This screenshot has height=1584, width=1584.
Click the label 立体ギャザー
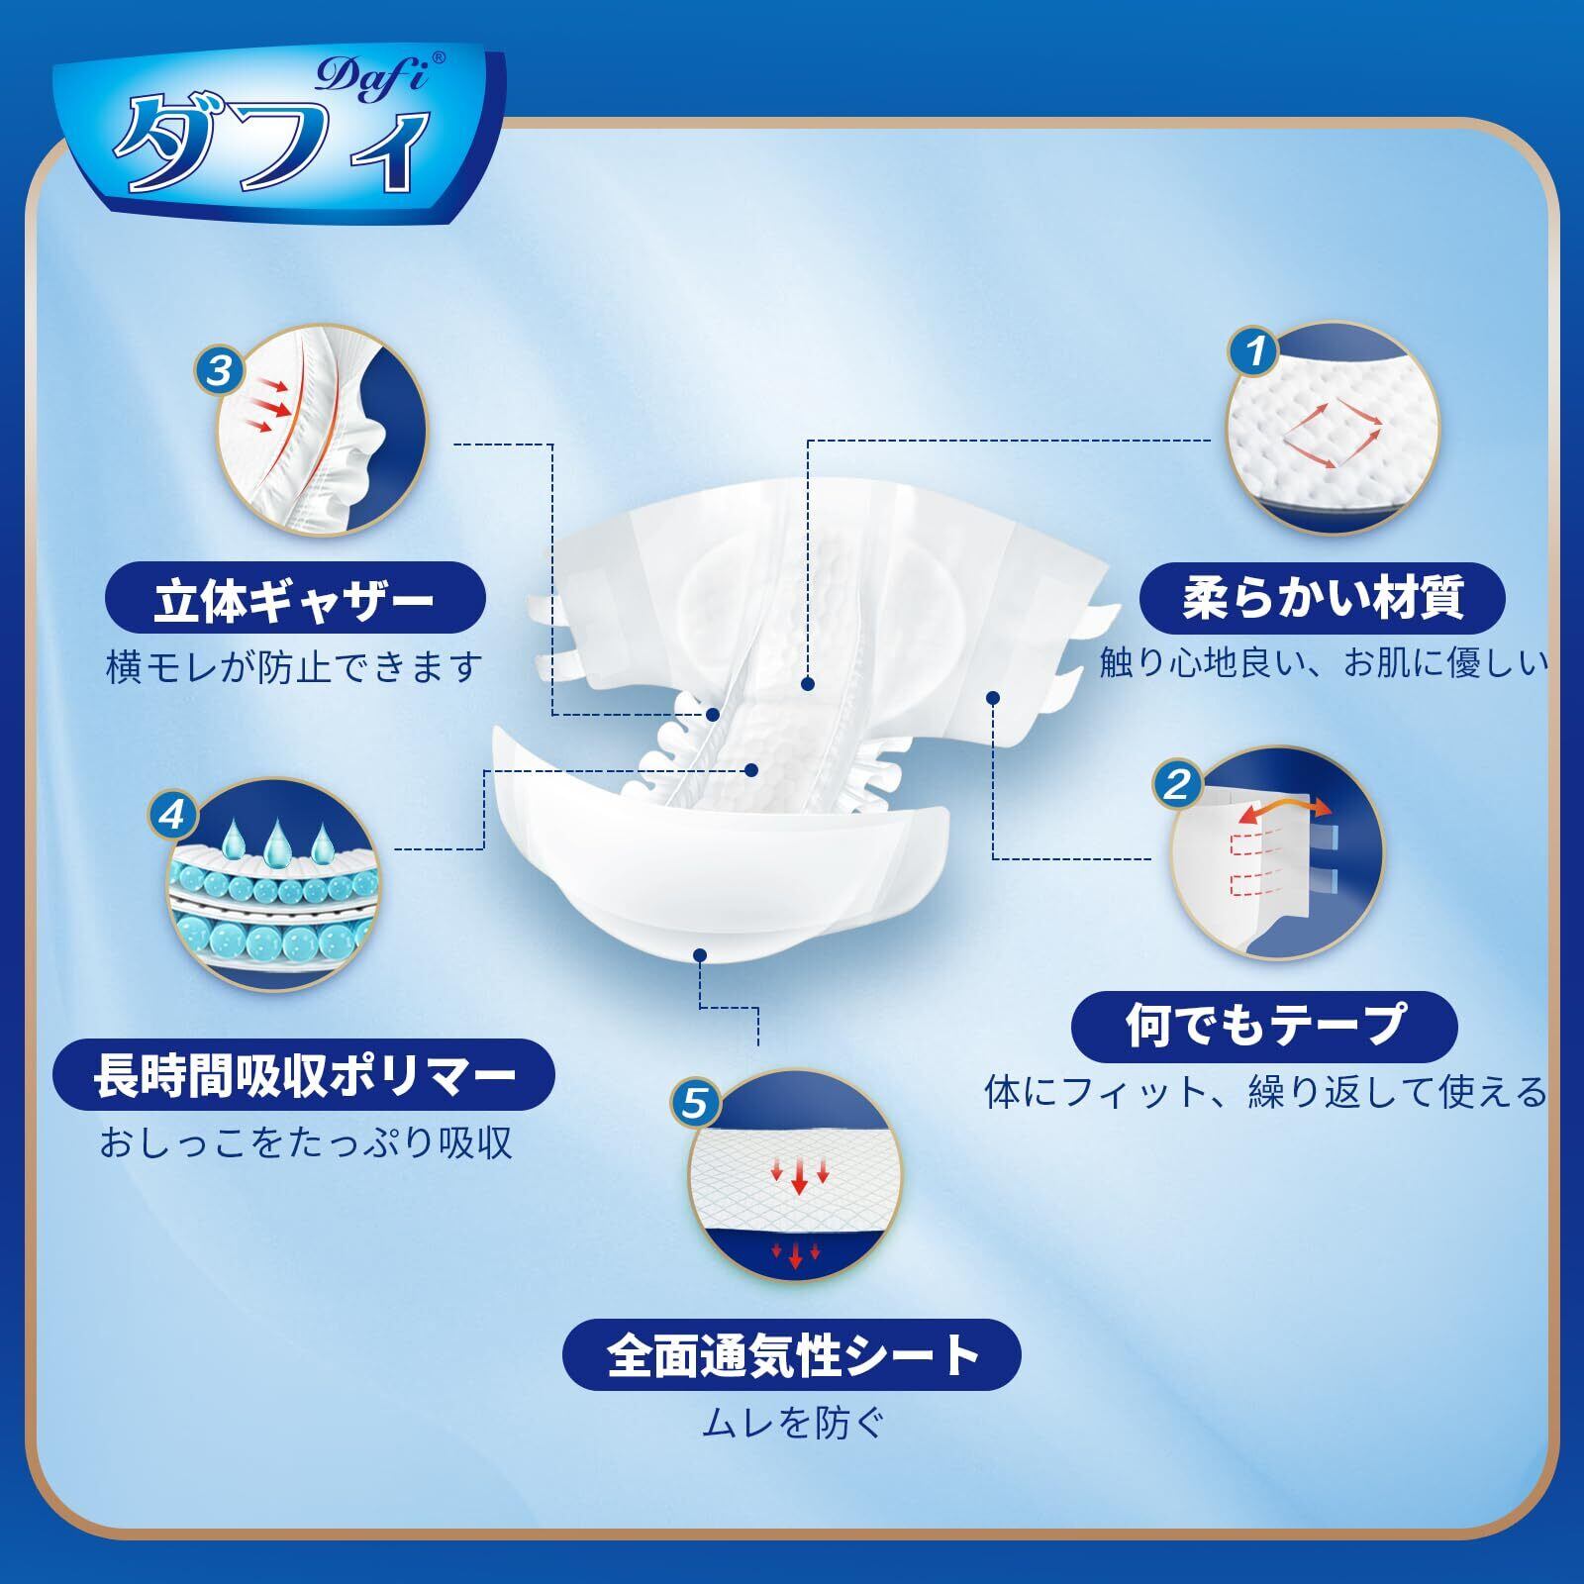coord(294,601)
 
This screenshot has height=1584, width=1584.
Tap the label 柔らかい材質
coord(1323,599)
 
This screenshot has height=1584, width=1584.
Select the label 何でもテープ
coord(1264,1025)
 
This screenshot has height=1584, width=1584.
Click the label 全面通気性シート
coord(792,1355)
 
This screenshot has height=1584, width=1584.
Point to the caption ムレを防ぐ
coord(792,1424)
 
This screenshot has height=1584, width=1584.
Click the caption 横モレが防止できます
coord(294,666)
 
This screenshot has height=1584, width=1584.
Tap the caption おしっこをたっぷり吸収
coord(305,1142)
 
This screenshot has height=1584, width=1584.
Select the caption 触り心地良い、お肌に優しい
coord(1324,663)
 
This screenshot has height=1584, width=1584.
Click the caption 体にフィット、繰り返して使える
coord(1264,1092)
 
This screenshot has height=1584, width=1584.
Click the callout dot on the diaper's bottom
coord(701,955)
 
